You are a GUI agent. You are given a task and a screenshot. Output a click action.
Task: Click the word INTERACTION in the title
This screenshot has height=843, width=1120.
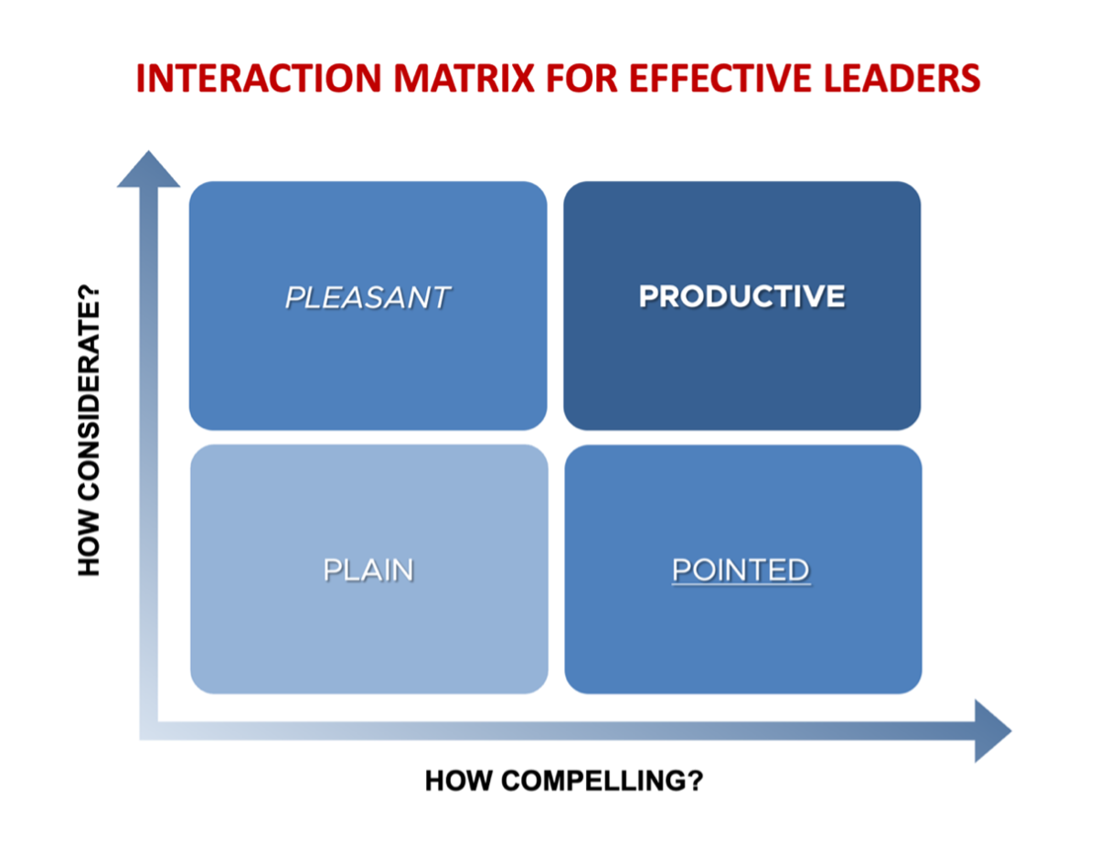[x=259, y=79]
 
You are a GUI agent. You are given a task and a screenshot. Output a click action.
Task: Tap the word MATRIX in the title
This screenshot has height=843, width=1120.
[x=464, y=79]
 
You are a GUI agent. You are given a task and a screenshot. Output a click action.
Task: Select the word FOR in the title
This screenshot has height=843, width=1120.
[x=581, y=79]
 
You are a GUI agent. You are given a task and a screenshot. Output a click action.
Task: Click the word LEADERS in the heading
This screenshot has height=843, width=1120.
[x=901, y=79]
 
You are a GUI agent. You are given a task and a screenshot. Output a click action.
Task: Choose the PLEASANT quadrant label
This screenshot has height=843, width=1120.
[x=368, y=297]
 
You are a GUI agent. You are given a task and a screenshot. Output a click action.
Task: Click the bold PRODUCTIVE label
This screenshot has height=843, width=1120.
[x=741, y=296]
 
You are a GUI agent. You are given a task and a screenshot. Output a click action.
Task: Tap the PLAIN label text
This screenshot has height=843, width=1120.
[x=368, y=570]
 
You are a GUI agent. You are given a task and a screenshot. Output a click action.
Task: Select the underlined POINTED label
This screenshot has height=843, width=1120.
[x=741, y=570]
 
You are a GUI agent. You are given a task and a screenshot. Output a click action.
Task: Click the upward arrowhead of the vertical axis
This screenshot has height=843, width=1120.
[x=148, y=169]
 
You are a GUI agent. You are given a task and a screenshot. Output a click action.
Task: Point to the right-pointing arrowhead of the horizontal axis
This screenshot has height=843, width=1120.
[x=993, y=731]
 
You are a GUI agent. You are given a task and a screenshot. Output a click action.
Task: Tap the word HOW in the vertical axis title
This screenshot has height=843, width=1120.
[x=89, y=543]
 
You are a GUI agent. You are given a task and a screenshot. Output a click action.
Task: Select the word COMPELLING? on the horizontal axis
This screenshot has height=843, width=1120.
[x=603, y=781]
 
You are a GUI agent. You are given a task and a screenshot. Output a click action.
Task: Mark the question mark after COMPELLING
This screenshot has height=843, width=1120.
[x=696, y=781]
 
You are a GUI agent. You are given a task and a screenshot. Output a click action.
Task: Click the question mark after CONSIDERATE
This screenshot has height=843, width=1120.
[x=89, y=293]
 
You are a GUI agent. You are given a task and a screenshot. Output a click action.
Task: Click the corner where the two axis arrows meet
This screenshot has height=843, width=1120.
[x=148, y=731]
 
